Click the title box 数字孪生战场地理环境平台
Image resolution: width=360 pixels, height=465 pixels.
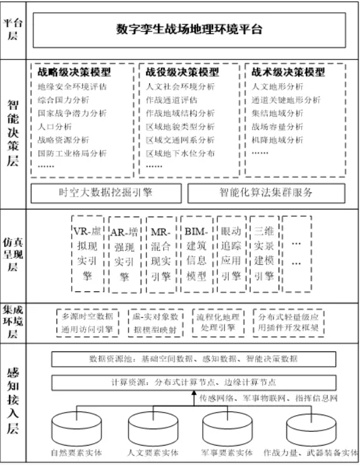[189, 29]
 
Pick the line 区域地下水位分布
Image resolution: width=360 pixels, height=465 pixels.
[180, 153]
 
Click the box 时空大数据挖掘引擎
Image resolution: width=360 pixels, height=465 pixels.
[105, 193]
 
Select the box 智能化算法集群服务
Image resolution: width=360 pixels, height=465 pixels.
[266, 193]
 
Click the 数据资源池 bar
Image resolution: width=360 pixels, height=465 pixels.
[194, 359]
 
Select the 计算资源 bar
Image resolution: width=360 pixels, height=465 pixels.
[194, 382]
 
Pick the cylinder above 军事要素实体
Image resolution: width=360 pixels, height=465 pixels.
[226, 428]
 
